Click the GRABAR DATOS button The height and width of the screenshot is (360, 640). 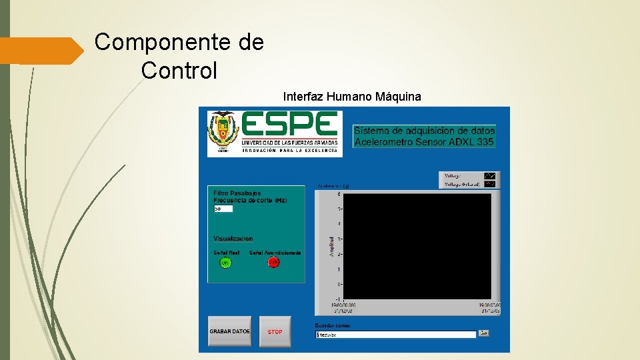(230, 331)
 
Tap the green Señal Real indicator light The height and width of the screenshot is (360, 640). (225, 263)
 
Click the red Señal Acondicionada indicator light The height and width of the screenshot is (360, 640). (273, 263)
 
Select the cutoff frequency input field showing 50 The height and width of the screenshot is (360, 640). (223, 209)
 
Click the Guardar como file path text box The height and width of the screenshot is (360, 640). (395, 334)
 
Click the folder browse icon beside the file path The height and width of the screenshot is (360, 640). (484, 333)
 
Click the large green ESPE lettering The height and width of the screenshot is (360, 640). (290, 125)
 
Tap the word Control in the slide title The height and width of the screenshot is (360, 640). (179, 70)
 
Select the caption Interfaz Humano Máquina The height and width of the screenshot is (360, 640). (352, 97)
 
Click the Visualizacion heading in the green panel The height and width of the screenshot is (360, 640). (233, 239)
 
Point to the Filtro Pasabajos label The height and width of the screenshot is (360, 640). (237, 193)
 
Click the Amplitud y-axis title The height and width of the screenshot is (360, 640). (332, 245)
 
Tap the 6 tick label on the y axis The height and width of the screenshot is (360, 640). (339, 195)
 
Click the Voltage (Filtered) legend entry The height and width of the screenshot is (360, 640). (463, 184)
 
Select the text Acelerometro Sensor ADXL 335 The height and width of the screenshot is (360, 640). (424, 141)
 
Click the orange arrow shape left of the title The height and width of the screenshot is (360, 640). (40, 51)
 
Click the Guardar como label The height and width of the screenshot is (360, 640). (332, 325)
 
